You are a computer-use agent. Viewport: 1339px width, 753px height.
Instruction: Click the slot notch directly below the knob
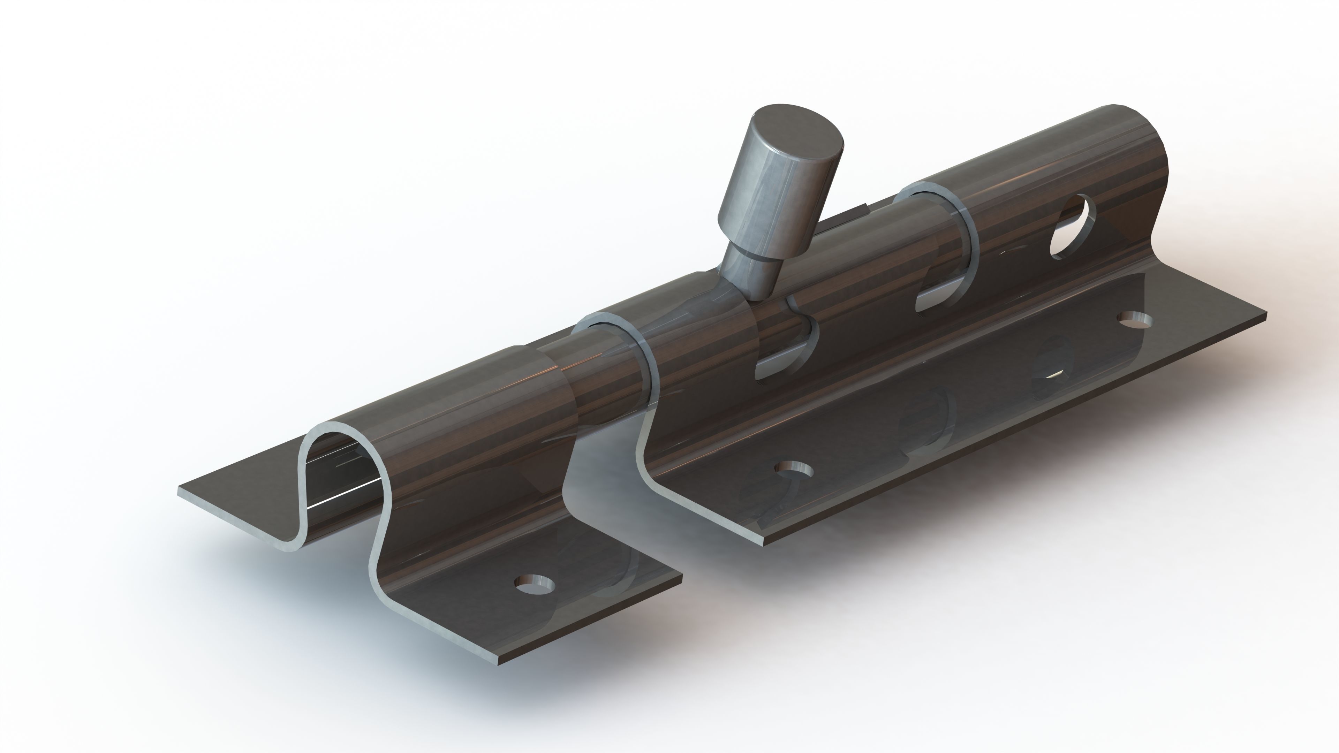(785, 359)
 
